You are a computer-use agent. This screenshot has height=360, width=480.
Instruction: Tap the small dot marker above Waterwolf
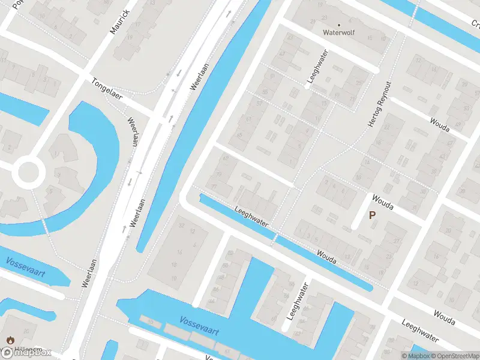pos(338,25)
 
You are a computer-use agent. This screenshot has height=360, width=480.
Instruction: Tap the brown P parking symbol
pos(372,215)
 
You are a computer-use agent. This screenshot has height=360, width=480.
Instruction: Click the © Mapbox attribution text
pos(415,356)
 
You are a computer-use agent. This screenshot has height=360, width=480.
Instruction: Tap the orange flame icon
pos(10,340)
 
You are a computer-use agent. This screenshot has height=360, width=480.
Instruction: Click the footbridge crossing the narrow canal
pos(275,239)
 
